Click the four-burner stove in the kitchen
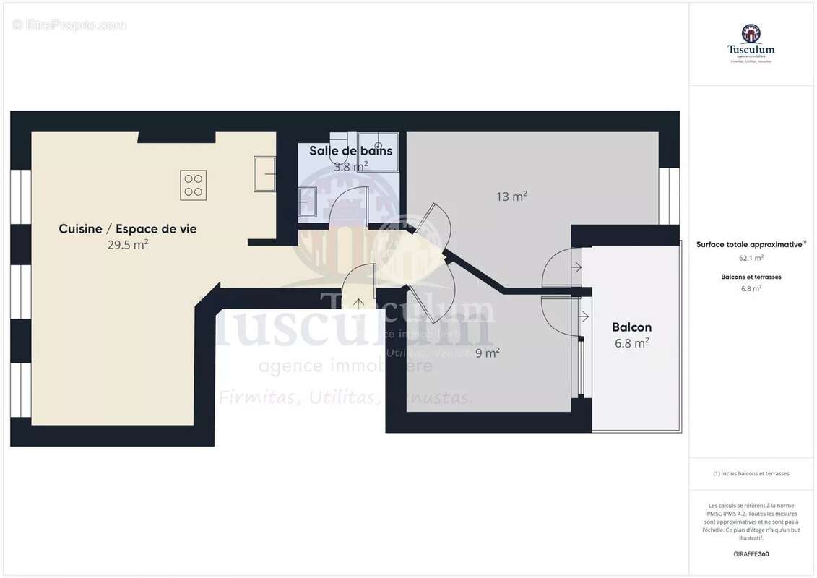194,185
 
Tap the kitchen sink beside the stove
264,174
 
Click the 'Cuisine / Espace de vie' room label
127,229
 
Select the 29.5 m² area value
127,245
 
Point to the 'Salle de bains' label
351,151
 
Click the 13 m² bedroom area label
511,197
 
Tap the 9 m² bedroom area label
488,353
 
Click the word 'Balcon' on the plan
631,327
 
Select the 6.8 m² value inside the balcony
631,344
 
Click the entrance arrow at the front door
359,303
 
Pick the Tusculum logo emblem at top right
751,33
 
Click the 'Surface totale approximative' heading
750,245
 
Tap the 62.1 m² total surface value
751,257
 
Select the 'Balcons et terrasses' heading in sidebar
751,277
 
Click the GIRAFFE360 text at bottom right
751,554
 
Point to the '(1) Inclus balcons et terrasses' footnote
751,473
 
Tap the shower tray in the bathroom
379,151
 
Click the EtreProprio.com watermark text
69,25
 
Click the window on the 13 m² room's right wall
669,197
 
